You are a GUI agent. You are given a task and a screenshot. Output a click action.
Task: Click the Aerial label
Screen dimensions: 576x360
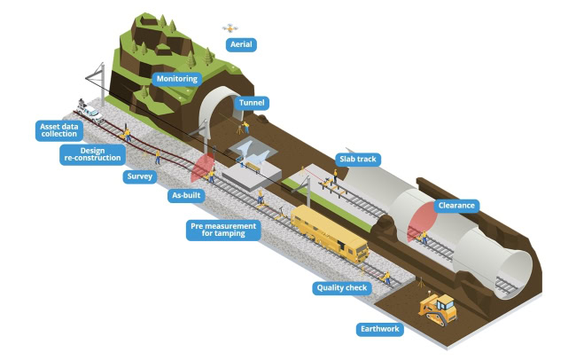241,44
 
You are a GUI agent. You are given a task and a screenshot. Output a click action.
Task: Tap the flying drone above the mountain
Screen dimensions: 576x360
230,28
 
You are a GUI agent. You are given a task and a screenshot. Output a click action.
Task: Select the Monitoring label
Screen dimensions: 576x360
177,79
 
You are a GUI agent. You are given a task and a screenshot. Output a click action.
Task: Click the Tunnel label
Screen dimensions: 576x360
252,103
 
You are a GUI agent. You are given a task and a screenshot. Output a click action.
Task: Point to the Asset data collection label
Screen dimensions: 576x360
59,130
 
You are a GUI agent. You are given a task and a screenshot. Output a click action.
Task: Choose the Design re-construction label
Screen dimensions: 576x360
92,154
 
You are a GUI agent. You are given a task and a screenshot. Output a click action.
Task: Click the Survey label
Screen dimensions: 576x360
140,176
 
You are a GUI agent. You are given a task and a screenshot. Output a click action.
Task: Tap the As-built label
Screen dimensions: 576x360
186,195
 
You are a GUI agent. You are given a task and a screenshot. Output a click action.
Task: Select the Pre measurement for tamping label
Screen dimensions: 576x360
223,230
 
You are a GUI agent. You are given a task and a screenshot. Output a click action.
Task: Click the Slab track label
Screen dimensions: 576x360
358,160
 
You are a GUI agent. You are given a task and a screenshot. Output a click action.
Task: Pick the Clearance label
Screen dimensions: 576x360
456,206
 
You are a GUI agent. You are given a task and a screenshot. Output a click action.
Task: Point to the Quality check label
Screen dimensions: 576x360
342,288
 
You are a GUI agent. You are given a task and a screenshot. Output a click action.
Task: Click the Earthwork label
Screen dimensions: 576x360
380,329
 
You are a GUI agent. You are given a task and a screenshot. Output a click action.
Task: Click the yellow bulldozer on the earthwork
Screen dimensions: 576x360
438,309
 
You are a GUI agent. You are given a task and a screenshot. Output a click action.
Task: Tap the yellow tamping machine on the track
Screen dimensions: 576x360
330,233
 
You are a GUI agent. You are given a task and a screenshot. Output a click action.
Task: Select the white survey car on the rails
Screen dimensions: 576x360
90,112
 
